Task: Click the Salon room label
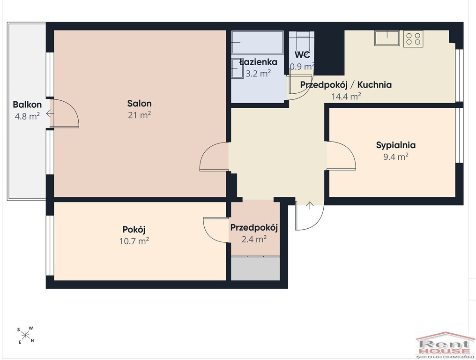[139, 104]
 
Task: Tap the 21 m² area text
[139, 115]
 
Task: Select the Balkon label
[27, 105]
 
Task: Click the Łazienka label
[258, 62]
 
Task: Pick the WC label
[302, 55]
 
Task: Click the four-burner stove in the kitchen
[413, 38]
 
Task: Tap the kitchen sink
[387, 38]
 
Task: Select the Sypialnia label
[396, 145]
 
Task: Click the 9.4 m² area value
[396, 157]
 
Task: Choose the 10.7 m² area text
[134, 241]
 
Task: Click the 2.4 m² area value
[254, 239]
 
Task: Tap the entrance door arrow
[310, 205]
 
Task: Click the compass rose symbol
[25, 335]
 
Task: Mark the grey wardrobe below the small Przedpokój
[255, 269]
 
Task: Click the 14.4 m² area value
[346, 97]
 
